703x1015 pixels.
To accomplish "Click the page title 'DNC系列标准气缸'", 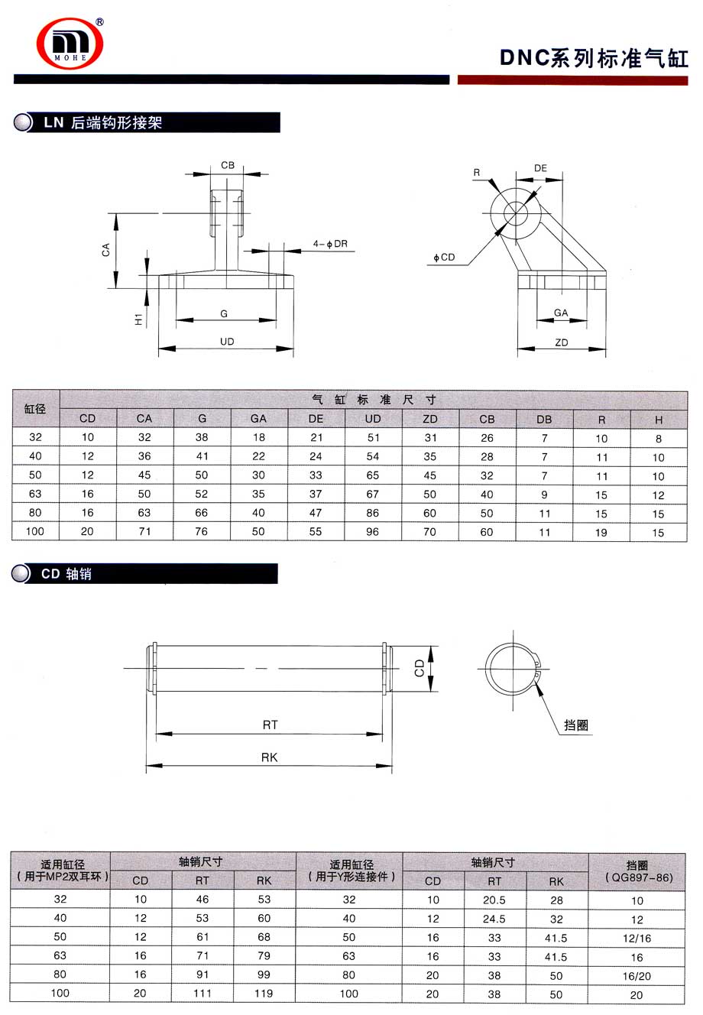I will [594, 58].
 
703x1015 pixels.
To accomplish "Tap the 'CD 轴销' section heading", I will [66, 573].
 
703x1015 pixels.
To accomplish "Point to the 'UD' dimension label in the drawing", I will [227, 342].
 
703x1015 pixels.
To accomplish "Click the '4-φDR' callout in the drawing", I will [330, 244].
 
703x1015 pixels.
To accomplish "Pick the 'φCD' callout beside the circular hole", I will [444, 258].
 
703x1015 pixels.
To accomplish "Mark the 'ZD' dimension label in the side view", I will [562, 343].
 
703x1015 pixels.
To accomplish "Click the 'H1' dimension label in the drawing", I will [139, 319].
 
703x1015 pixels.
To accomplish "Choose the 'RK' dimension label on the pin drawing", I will [269, 757].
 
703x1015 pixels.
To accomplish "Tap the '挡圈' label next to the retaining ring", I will [576, 725].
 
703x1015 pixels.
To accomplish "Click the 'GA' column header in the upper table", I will [258, 418].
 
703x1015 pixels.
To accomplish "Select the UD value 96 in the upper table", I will [372, 531].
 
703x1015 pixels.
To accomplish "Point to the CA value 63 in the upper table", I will [144, 513].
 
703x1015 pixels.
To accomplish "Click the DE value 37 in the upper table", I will [316, 494].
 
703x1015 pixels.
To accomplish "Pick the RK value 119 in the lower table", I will [264, 993].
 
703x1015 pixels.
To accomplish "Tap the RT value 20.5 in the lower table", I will [494, 900].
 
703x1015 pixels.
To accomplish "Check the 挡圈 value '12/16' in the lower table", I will [637, 938].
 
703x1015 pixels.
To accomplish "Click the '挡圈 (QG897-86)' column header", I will [637, 871].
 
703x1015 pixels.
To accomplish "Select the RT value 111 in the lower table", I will [202, 993].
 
